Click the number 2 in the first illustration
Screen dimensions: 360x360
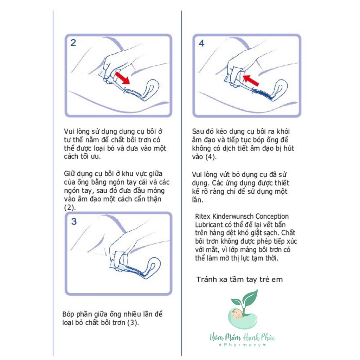pos(73,43)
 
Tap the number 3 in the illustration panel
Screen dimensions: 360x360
pos(74,221)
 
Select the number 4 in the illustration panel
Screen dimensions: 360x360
pos(201,43)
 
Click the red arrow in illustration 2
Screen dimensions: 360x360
pos(122,78)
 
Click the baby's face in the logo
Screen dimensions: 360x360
pos(237,314)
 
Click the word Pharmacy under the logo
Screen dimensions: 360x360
pos(242,345)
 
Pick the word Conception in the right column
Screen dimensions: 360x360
pos(272,216)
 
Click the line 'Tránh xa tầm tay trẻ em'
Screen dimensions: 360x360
pos(239,279)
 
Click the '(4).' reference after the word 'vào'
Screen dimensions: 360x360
pos(211,157)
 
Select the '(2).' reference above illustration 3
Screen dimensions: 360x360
pos(70,207)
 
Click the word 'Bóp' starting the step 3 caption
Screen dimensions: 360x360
pos(68,314)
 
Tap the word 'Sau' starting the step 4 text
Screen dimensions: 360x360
pos(198,131)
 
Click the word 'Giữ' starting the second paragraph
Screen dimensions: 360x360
pos(69,174)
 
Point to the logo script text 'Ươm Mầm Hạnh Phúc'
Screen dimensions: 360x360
pos(243,337)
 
